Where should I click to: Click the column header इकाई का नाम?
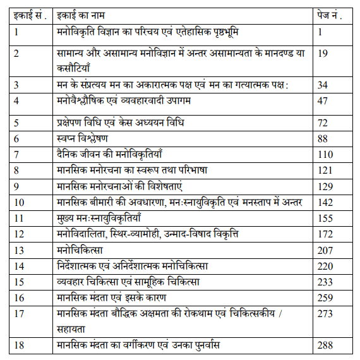(x=79, y=13)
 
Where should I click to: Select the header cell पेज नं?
(x=330, y=13)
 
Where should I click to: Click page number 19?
(x=323, y=54)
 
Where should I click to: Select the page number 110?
(x=325, y=153)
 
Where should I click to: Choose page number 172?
(x=325, y=234)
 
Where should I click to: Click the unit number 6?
(x=17, y=137)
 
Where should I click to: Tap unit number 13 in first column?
(x=19, y=251)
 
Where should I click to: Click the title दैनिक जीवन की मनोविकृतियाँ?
(x=109, y=153)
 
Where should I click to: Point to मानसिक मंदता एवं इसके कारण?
(x=109, y=299)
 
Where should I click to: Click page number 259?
(x=325, y=299)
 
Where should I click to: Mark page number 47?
(x=323, y=101)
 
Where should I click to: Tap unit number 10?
(x=19, y=202)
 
